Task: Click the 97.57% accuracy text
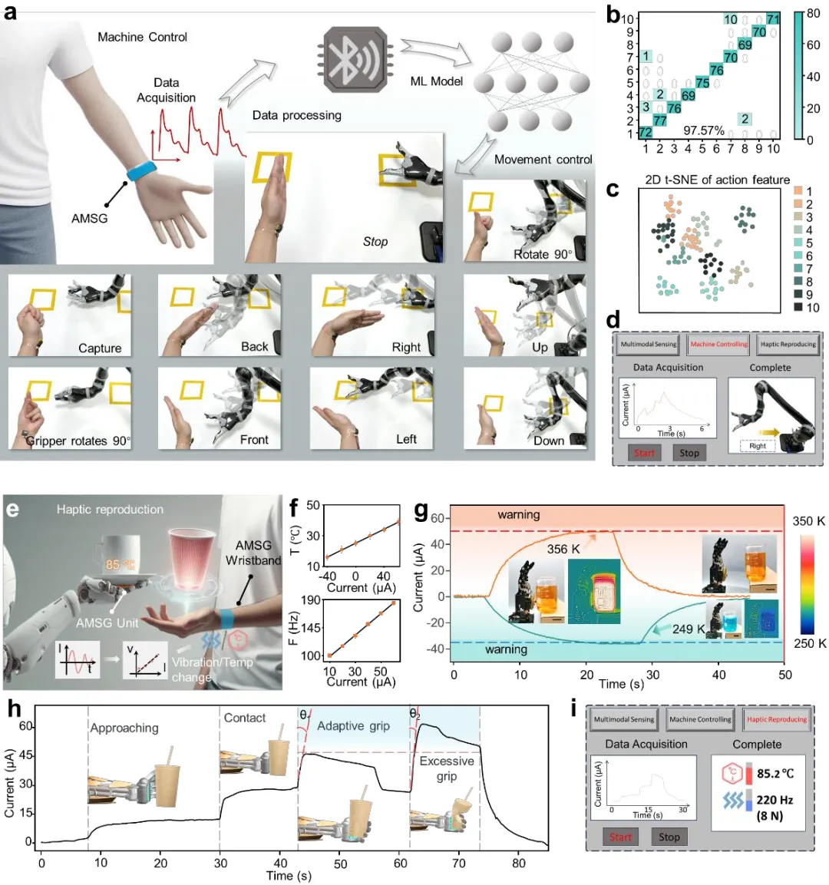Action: tap(704, 131)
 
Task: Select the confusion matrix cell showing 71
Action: tap(773, 19)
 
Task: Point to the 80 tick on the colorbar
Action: tap(813, 14)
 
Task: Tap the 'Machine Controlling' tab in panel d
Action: tap(718, 345)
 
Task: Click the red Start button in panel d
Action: tap(644, 453)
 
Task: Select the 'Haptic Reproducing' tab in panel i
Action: tap(777, 719)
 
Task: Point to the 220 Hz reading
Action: tap(775, 800)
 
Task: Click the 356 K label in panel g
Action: tap(563, 549)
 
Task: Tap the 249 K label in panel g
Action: tap(689, 629)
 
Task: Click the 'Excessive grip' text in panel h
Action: tap(447, 768)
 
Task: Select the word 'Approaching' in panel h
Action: tap(124, 728)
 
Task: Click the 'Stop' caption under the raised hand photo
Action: tap(375, 242)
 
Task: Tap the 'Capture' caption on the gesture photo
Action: tap(100, 348)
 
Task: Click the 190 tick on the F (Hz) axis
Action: tap(311, 600)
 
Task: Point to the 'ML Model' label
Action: tap(437, 81)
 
